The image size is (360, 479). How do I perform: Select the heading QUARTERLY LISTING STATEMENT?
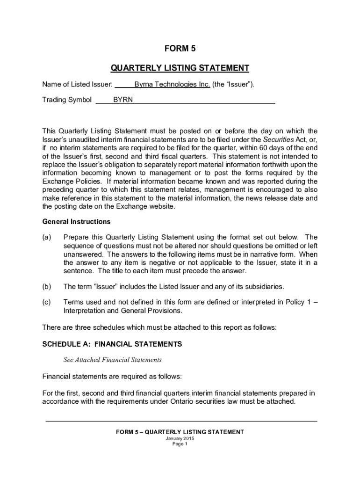tap(180, 68)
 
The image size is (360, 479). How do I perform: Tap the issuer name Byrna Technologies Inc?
tap(172, 85)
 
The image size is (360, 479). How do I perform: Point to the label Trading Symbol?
tap(67, 100)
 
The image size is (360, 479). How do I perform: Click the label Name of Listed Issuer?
tap(77, 85)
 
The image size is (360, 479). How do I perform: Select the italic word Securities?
tap(278, 139)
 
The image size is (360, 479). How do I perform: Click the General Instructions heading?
tap(76, 221)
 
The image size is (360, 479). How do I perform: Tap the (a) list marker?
tap(47, 237)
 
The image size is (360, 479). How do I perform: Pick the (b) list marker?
tap(47, 286)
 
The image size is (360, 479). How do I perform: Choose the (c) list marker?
tap(47, 302)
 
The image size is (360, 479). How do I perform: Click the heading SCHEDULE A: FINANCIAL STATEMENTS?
tap(112, 344)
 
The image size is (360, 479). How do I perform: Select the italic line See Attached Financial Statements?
tap(112, 360)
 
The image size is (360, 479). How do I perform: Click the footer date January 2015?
tap(180, 438)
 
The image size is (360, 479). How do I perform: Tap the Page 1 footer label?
tap(180, 444)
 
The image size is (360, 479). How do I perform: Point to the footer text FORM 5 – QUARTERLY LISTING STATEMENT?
tap(180, 432)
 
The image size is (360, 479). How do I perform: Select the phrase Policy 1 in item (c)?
tap(298, 302)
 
